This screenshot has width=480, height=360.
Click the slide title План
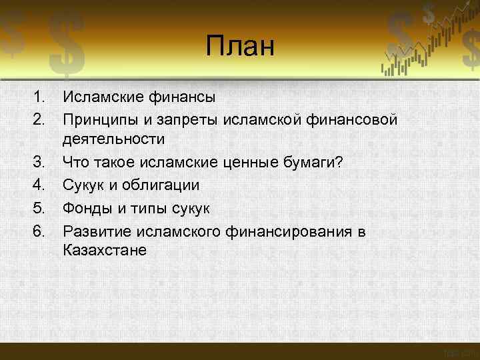pos(240,47)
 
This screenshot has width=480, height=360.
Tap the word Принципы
pos(97,119)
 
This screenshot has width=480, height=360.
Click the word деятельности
pos(113,139)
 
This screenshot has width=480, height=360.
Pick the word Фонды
pos(87,208)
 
